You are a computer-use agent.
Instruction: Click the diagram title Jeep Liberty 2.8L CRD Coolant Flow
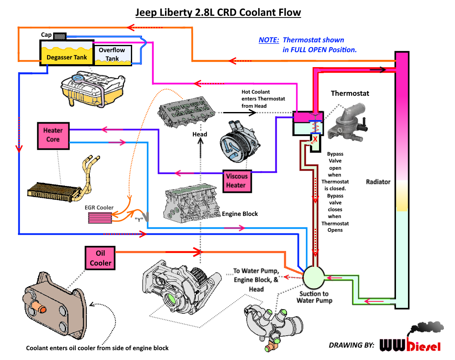218,12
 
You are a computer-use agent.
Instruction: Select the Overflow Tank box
112,54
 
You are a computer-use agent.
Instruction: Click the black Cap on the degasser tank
59,35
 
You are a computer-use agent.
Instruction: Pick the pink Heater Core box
53,135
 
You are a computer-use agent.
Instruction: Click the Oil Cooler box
100,258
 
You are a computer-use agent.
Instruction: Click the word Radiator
378,182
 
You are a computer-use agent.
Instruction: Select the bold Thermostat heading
350,93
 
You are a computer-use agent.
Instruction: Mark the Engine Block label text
240,214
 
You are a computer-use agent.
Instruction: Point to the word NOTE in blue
269,40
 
